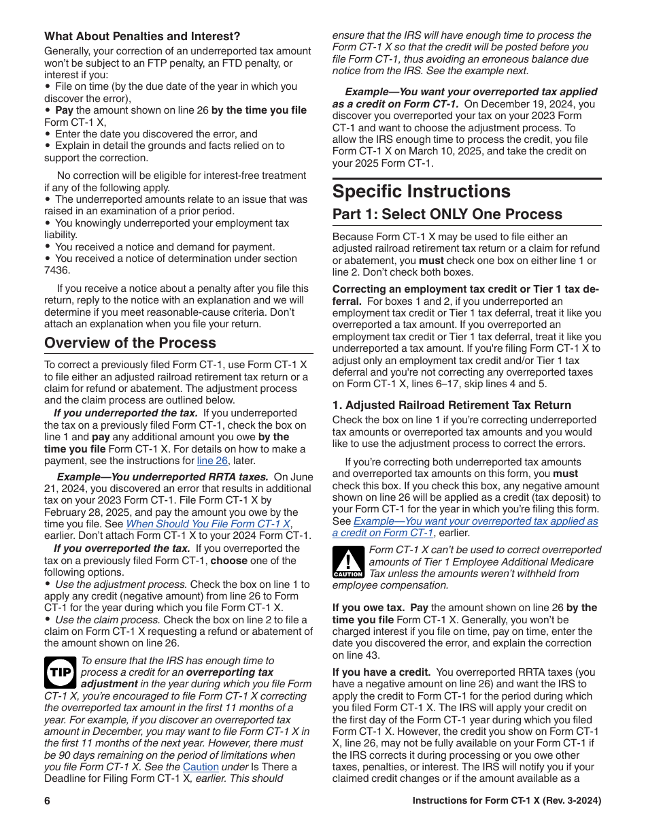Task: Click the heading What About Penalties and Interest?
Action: point(142,36)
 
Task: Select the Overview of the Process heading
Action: point(130,343)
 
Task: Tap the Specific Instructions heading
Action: point(421,191)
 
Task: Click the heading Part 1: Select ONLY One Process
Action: point(447,214)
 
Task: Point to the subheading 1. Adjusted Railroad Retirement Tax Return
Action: point(452,405)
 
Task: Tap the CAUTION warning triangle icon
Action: point(348,562)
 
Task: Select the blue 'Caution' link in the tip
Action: point(201,767)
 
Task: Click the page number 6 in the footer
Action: point(48,801)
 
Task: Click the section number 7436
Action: point(57,270)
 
